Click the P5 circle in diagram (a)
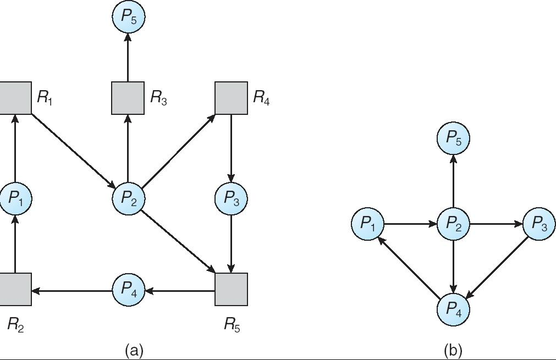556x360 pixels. pos(128,17)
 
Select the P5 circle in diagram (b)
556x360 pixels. pos(453,139)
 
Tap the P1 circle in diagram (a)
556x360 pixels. pos(15,198)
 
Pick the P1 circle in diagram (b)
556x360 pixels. pos(368,224)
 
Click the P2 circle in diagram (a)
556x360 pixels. pos(128,198)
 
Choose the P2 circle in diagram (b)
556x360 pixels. pos(453,224)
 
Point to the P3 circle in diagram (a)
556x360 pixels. pos(231,198)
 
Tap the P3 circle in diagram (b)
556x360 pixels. pos(539,224)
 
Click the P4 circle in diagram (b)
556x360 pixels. pos(453,309)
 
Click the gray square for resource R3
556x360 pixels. pos(128,98)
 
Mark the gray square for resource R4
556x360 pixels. pos(231,98)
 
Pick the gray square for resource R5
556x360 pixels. pos(231,289)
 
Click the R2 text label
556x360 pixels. pos(15,325)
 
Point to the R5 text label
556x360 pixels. pos(232,325)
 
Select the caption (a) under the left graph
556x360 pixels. pos(134,350)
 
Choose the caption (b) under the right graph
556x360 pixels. pos(453,350)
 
